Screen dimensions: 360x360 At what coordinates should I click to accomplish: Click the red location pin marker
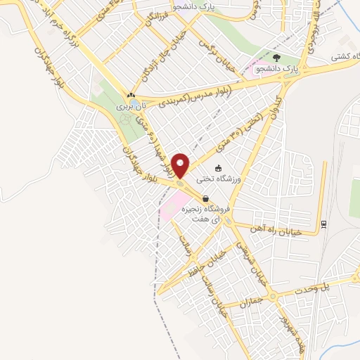(181, 165)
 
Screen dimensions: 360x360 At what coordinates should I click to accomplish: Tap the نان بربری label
(129, 105)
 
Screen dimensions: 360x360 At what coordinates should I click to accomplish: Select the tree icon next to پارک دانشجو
(276, 59)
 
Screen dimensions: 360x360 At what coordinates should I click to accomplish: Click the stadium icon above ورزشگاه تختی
(219, 169)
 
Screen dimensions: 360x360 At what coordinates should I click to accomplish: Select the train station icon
(323, 224)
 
